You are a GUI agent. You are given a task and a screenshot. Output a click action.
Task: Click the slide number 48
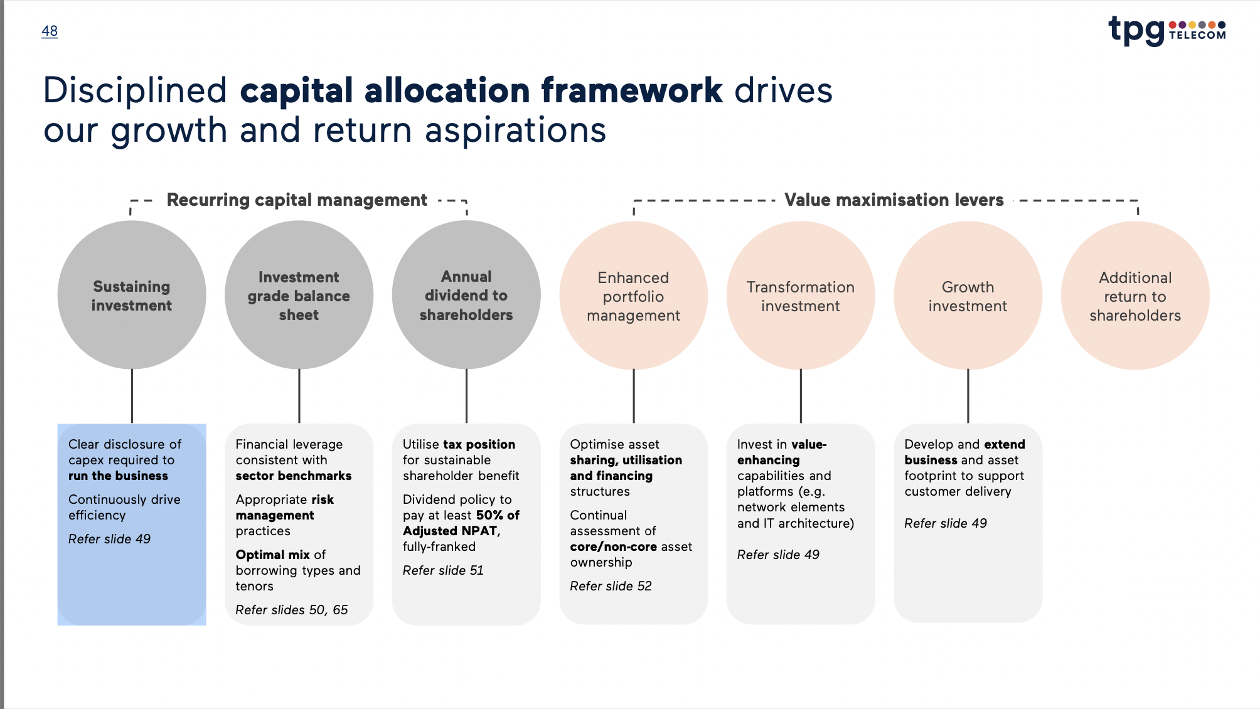point(50,31)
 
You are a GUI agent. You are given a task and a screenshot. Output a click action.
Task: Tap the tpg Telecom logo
point(1167,30)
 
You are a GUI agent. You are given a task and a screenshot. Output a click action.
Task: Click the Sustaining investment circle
point(132,296)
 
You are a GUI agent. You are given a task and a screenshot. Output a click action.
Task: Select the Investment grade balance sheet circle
point(299,296)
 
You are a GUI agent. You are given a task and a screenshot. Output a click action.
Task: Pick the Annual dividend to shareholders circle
point(466,296)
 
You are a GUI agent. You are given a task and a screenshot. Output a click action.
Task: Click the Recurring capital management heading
point(297,200)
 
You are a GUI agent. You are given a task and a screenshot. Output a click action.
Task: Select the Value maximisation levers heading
point(894,200)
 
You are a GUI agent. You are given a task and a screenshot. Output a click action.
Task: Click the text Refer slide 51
point(443,570)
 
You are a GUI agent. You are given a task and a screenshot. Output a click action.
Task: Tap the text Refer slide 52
point(611,586)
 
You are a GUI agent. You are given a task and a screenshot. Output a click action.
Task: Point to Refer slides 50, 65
point(292,610)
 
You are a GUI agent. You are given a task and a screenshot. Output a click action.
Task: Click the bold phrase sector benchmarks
point(294,476)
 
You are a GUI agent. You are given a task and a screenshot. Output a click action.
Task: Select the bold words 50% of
point(498,515)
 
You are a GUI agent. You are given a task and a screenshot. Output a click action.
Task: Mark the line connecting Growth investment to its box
point(968,396)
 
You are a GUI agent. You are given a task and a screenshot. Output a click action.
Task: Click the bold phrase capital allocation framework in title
point(481,90)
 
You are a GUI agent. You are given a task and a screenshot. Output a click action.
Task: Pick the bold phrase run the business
point(118,476)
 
